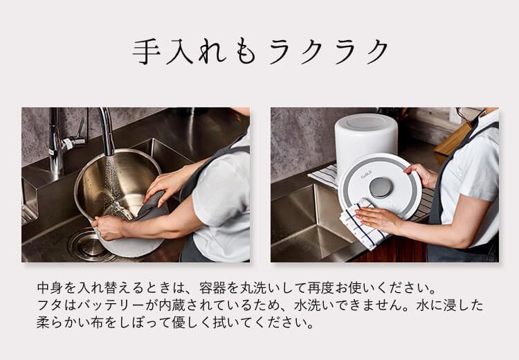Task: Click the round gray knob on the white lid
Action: click(380, 187)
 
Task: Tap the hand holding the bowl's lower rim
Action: click(109, 227)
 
